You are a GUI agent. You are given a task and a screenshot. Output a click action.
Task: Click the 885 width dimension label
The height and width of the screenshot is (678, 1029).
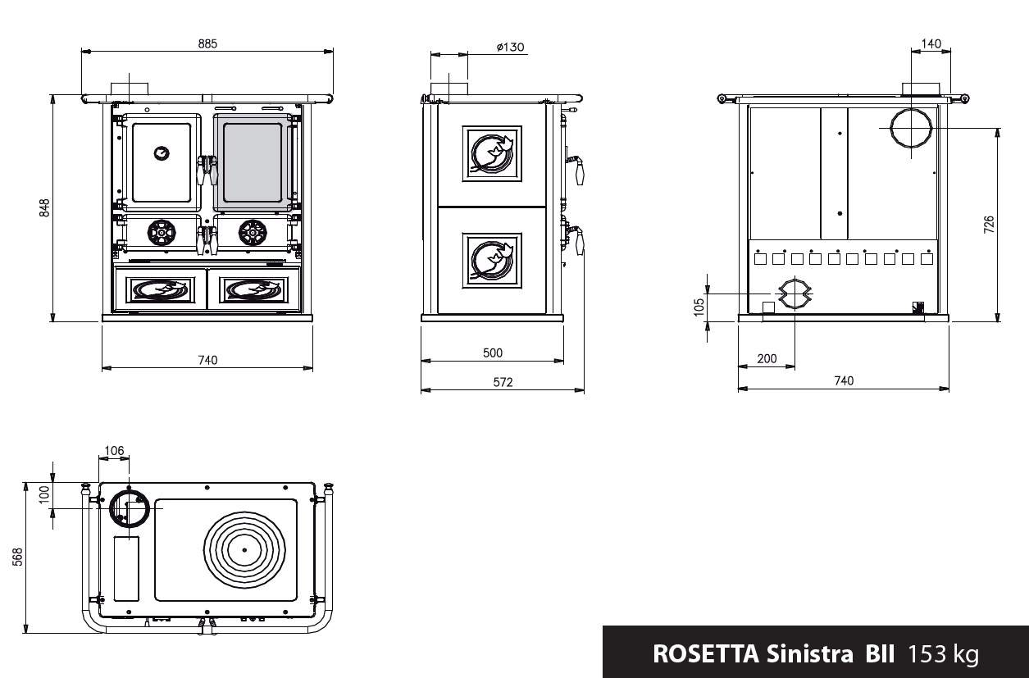pyautogui.click(x=207, y=43)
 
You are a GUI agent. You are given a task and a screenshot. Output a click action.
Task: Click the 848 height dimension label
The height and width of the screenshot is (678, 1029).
pyautogui.click(x=44, y=207)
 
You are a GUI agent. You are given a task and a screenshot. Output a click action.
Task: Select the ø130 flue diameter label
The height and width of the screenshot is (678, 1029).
pyautogui.click(x=510, y=47)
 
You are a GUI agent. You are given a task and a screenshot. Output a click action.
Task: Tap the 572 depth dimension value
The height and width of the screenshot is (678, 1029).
pyautogui.click(x=503, y=382)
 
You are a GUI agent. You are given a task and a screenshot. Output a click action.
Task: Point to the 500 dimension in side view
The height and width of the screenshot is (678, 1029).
pyautogui.click(x=493, y=353)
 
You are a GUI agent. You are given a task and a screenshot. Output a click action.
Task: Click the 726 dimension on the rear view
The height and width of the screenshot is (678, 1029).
pyautogui.click(x=989, y=224)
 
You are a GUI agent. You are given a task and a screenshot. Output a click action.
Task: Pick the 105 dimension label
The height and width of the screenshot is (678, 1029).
pyautogui.click(x=699, y=307)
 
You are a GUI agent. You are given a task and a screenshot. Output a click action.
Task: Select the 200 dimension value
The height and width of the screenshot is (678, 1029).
pyautogui.click(x=767, y=359)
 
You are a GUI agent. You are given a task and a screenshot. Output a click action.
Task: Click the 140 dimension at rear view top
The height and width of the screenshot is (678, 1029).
pyautogui.click(x=931, y=43)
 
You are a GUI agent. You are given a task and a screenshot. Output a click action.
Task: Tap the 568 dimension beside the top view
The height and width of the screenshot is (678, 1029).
pyautogui.click(x=17, y=557)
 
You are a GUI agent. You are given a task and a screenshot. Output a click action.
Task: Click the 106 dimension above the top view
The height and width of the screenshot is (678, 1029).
pyautogui.click(x=114, y=451)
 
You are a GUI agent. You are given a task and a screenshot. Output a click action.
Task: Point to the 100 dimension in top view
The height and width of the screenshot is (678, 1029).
pyautogui.click(x=44, y=494)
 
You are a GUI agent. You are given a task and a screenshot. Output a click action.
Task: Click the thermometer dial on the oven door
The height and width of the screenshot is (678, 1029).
pyautogui.click(x=162, y=153)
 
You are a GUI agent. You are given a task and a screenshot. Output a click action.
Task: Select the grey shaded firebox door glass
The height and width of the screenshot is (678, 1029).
pyautogui.click(x=253, y=162)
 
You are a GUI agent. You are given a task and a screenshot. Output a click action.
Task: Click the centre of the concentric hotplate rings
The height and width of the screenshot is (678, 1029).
pyautogui.click(x=244, y=549)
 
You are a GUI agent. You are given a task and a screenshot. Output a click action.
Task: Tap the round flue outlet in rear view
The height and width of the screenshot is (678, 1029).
pyautogui.click(x=911, y=128)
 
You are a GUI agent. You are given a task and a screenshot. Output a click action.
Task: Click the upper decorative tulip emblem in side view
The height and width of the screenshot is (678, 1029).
pyautogui.click(x=492, y=153)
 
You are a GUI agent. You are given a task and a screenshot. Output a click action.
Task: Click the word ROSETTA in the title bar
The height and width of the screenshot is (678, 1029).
pyautogui.click(x=706, y=653)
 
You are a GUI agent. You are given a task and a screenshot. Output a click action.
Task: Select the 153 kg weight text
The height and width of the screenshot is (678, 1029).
pyautogui.click(x=943, y=654)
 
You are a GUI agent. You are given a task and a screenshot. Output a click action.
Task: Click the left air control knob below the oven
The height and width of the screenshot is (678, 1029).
pyautogui.click(x=162, y=233)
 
